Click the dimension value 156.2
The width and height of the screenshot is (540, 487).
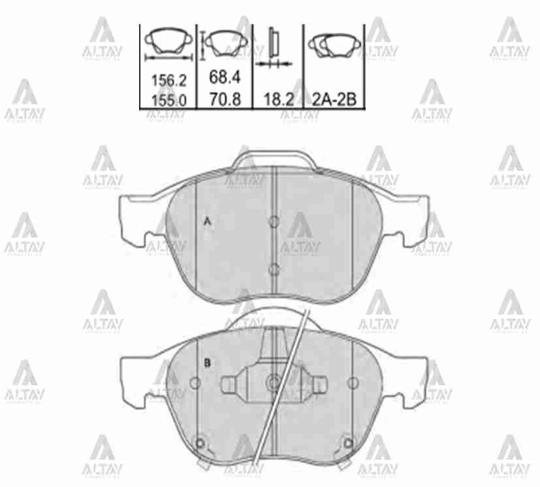coord(169,81)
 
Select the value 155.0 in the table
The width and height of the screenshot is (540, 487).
coord(169,100)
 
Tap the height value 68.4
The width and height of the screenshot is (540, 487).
coord(225,77)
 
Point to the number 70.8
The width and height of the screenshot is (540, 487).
coord(225,100)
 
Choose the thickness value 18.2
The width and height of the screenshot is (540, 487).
coord(278,100)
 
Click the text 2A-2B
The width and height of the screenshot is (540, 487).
coord(334,100)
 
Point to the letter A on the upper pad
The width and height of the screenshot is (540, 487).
coord(208,222)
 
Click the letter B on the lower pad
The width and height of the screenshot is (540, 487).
coord(207,363)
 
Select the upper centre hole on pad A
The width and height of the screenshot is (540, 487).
coord(274,221)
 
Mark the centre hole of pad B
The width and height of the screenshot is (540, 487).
coord(274,382)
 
